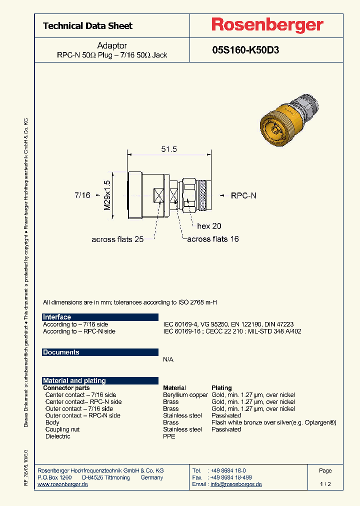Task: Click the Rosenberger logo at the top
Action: coord(267,25)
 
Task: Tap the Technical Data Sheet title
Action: coord(88,26)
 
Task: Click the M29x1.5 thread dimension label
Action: coord(107,195)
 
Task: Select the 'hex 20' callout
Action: coord(209,226)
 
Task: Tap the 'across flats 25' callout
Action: coord(117,239)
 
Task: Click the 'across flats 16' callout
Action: coord(213,239)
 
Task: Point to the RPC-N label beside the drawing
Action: coord(243,196)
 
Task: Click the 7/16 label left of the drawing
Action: coord(82,195)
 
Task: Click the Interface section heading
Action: coord(57,317)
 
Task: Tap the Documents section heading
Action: coord(61,352)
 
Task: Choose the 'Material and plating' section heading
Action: coord(74,380)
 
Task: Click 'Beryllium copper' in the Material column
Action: coord(185,395)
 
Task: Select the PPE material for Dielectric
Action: coord(169,436)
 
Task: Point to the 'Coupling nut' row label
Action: coord(62,429)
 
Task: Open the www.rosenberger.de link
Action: coord(63,485)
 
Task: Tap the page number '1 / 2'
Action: coord(325,484)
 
